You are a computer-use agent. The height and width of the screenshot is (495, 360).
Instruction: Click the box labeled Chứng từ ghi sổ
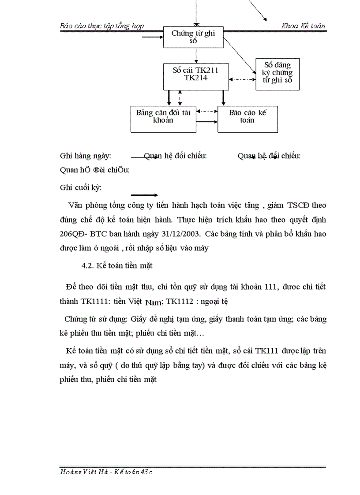pos(193,37)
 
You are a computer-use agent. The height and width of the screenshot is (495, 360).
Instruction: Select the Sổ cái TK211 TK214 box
pos(195,74)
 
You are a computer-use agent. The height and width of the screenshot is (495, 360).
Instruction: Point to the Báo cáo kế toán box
pos(247,116)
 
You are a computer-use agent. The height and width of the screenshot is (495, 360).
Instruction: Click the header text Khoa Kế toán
pos(304,26)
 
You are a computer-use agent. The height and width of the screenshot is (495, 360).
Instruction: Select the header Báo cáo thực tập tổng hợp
pos(102,26)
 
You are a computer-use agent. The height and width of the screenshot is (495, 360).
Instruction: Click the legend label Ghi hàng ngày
pos(86,156)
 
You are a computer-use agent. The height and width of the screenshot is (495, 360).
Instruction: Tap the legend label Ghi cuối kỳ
pos(81,188)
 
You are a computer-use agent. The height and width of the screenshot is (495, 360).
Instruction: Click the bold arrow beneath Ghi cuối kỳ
pos(145,195)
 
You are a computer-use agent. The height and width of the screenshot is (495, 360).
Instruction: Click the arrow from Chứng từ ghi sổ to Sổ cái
pos(195,55)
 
